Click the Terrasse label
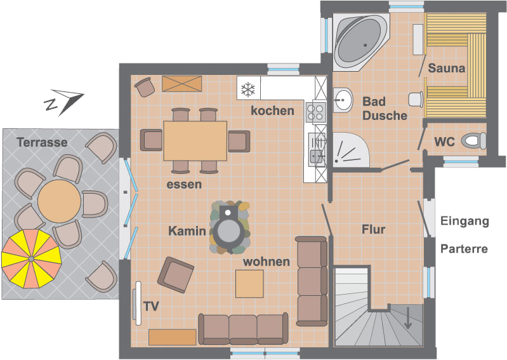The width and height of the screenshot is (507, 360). (42, 142)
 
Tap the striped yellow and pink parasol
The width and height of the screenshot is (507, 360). (31, 259)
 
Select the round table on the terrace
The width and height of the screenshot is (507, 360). (59, 201)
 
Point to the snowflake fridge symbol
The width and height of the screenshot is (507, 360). (248, 88)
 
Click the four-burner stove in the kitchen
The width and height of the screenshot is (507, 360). (315, 112)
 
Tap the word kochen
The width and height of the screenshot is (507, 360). (273, 111)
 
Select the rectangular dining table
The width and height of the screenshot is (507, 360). (195, 141)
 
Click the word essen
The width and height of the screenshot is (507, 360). (184, 184)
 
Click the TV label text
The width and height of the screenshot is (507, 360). (151, 306)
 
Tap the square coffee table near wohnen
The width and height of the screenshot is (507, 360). (249, 284)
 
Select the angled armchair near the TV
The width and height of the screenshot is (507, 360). (176, 275)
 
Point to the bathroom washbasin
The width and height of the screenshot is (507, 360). (343, 100)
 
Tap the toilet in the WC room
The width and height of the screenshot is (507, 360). (474, 141)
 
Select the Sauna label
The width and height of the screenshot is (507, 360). (447, 68)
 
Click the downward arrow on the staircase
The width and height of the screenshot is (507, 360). (408, 318)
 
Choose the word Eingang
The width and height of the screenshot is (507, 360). (464, 222)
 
